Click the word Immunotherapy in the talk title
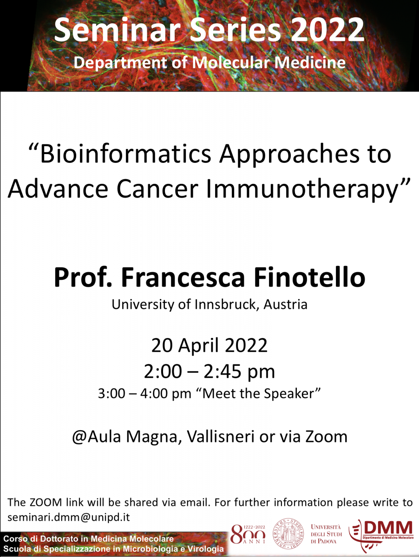coord(302,190)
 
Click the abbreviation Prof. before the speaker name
coord(83,278)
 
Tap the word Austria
coord(285,304)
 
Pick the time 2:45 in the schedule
coord(222,372)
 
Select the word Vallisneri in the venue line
coord(221,437)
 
